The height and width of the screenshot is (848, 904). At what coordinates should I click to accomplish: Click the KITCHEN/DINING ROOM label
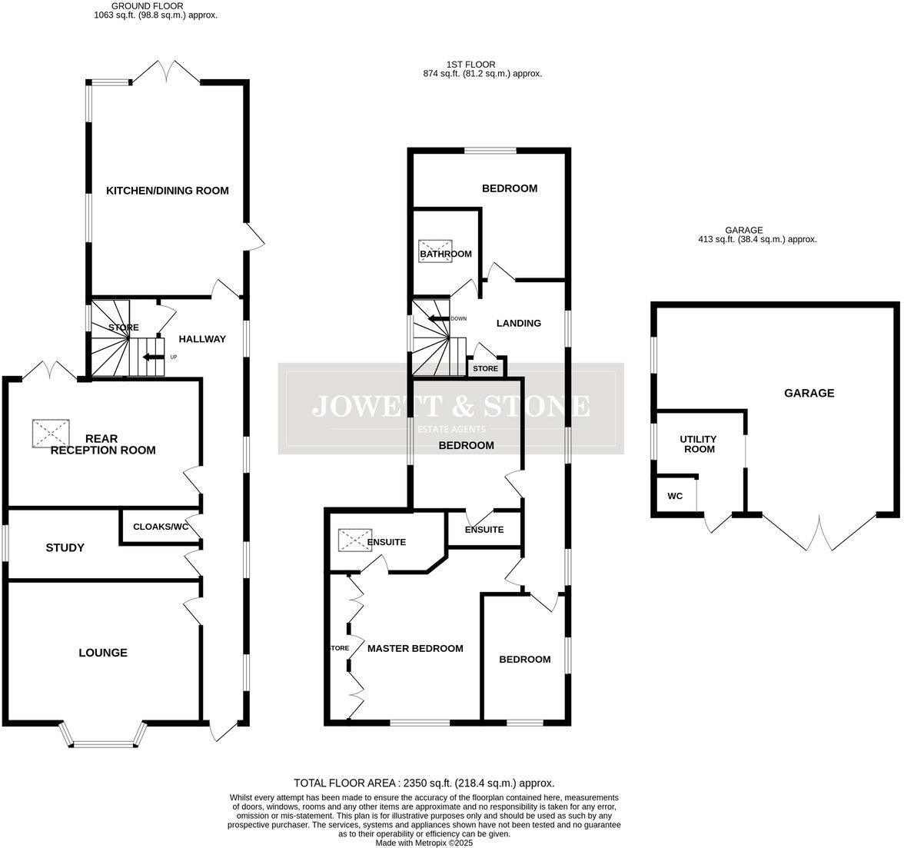(x=167, y=191)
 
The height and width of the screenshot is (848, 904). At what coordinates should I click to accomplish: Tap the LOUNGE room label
(x=103, y=653)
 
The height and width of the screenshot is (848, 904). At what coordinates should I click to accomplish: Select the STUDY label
(x=65, y=547)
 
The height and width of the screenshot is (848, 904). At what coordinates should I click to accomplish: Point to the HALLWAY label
(x=202, y=338)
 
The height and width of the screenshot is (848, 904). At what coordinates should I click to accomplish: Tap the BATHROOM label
(x=445, y=254)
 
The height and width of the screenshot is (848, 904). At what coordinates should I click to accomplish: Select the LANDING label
(x=518, y=323)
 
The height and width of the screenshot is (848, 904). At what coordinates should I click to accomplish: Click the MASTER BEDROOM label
(x=415, y=648)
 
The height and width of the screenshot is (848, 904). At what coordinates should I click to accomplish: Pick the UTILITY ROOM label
(x=699, y=444)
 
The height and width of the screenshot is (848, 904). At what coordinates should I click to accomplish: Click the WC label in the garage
(x=675, y=496)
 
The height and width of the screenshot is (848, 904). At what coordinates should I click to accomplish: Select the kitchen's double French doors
(x=167, y=71)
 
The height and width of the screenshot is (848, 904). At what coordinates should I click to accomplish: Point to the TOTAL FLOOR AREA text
(x=424, y=783)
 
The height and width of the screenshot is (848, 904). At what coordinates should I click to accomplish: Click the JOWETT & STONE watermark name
(x=451, y=405)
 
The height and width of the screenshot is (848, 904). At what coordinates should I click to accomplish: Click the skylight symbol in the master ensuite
(x=354, y=540)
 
